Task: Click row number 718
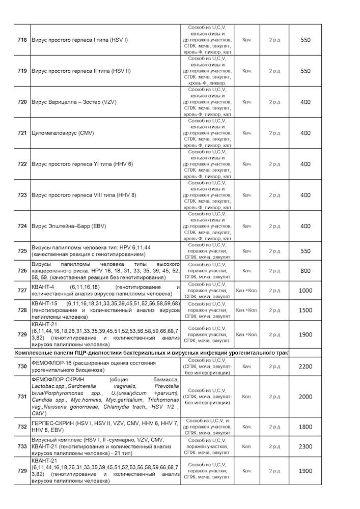click(x=22, y=40)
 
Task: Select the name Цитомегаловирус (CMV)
click(x=63, y=133)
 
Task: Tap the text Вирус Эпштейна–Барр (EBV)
click(x=69, y=226)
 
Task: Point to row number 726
click(x=22, y=271)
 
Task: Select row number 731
click(x=22, y=397)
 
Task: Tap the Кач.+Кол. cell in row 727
click(x=247, y=290)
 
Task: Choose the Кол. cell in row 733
click(x=247, y=446)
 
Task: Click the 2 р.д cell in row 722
click(x=274, y=164)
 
